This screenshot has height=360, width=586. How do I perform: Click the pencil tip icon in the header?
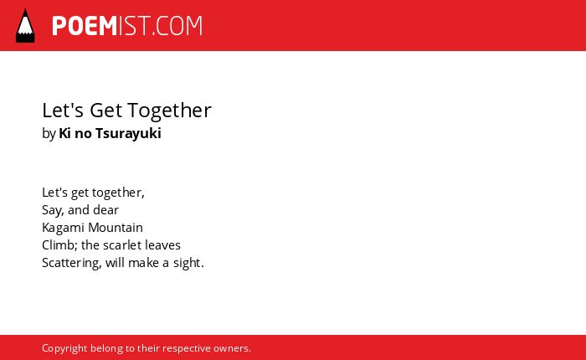pyautogui.click(x=25, y=26)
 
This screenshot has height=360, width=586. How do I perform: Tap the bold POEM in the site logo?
pyautogui.click(x=85, y=26)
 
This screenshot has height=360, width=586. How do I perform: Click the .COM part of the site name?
pyautogui.click(x=177, y=26)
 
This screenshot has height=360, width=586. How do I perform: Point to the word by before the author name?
pyautogui.click(x=49, y=133)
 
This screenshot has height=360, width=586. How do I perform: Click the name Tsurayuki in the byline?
pyautogui.click(x=128, y=133)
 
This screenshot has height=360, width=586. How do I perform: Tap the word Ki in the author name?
pyautogui.click(x=64, y=133)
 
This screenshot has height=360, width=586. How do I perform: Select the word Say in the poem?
pyautogui.click(x=53, y=210)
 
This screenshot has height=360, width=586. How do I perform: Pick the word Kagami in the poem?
pyautogui.click(x=63, y=228)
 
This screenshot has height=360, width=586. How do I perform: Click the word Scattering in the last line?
pyautogui.click(x=71, y=263)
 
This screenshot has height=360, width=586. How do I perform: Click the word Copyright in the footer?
pyautogui.click(x=64, y=349)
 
